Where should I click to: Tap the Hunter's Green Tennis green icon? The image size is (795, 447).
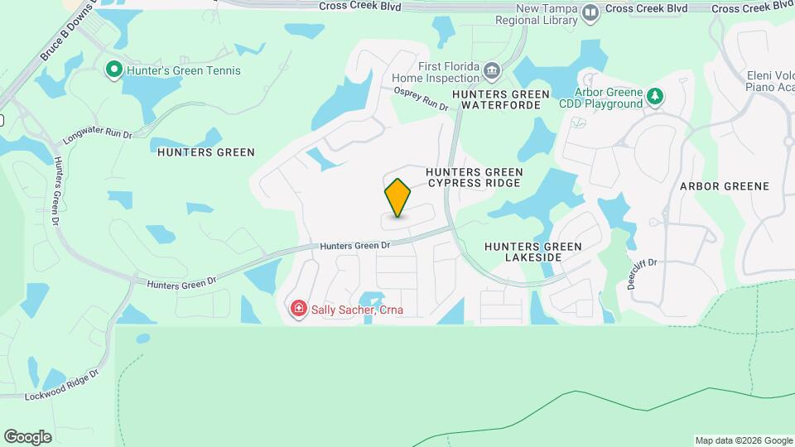click(115, 70)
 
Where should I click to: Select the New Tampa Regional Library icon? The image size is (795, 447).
click(590, 12)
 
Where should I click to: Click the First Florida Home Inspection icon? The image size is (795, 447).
click(492, 69)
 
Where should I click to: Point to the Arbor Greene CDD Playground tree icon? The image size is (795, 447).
click(655, 97)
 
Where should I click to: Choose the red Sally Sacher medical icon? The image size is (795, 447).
click(298, 310)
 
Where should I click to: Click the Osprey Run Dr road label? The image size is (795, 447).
click(421, 99)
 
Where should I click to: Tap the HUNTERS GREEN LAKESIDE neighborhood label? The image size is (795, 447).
click(532, 252)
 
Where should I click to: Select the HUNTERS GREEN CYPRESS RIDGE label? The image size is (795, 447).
click(474, 177)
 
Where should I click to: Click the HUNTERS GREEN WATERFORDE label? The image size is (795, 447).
click(505, 100)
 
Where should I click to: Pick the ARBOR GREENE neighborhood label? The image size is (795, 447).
click(725, 186)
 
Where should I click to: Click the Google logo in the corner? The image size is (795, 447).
click(27, 436)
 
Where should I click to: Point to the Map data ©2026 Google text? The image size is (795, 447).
click(743, 440)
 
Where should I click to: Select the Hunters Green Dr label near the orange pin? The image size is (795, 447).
click(354, 245)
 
